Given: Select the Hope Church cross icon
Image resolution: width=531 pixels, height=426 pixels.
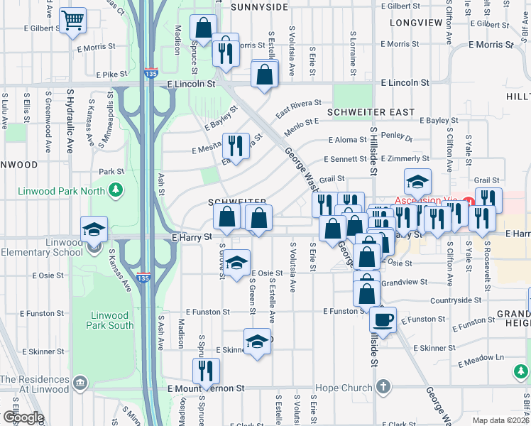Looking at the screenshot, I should pyautogui.click(x=383, y=388).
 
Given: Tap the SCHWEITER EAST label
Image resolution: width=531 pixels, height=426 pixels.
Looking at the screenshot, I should pyautogui.click(x=371, y=112).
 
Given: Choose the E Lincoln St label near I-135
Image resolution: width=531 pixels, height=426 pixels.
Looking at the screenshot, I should pyautogui.click(x=191, y=84).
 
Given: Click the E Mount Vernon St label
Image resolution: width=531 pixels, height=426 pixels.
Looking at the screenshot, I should pyautogui.click(x=206, y=388).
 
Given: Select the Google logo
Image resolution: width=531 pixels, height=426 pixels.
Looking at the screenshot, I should pyautogui.click(x=23, y=417).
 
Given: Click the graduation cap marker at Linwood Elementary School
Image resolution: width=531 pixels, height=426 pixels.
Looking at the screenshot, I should pyautogui.click(x=94, y=230).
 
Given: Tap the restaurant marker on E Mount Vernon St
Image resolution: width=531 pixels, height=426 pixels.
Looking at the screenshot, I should pyautogui.click(x=207, y=371).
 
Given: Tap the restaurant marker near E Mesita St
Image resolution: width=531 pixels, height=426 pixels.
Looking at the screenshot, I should pyautogui.click(x=236, y=146).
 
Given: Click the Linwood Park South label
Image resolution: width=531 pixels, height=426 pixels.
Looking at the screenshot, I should pyautogui.click(x=111, y=320).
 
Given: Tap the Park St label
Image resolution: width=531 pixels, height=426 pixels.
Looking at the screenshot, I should pyautogui.click(x=111, y=171).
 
